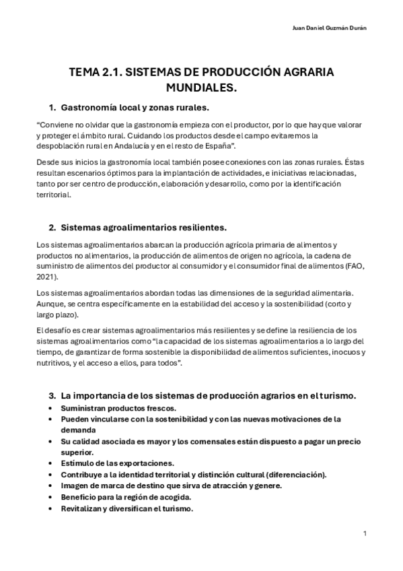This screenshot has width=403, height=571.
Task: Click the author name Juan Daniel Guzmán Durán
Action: [x=332, y=28]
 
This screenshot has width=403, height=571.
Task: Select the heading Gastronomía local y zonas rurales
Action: [x=135, y=107]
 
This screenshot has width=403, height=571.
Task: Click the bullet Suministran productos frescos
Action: [x=118, y=408]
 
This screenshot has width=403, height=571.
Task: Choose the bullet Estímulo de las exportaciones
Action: [x=117, y=463]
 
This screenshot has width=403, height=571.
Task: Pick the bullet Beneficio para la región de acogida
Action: [x=126, y=497]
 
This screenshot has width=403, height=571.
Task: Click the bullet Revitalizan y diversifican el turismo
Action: [x=126, y=508]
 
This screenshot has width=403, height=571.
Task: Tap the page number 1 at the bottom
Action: [x=364, y=533]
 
